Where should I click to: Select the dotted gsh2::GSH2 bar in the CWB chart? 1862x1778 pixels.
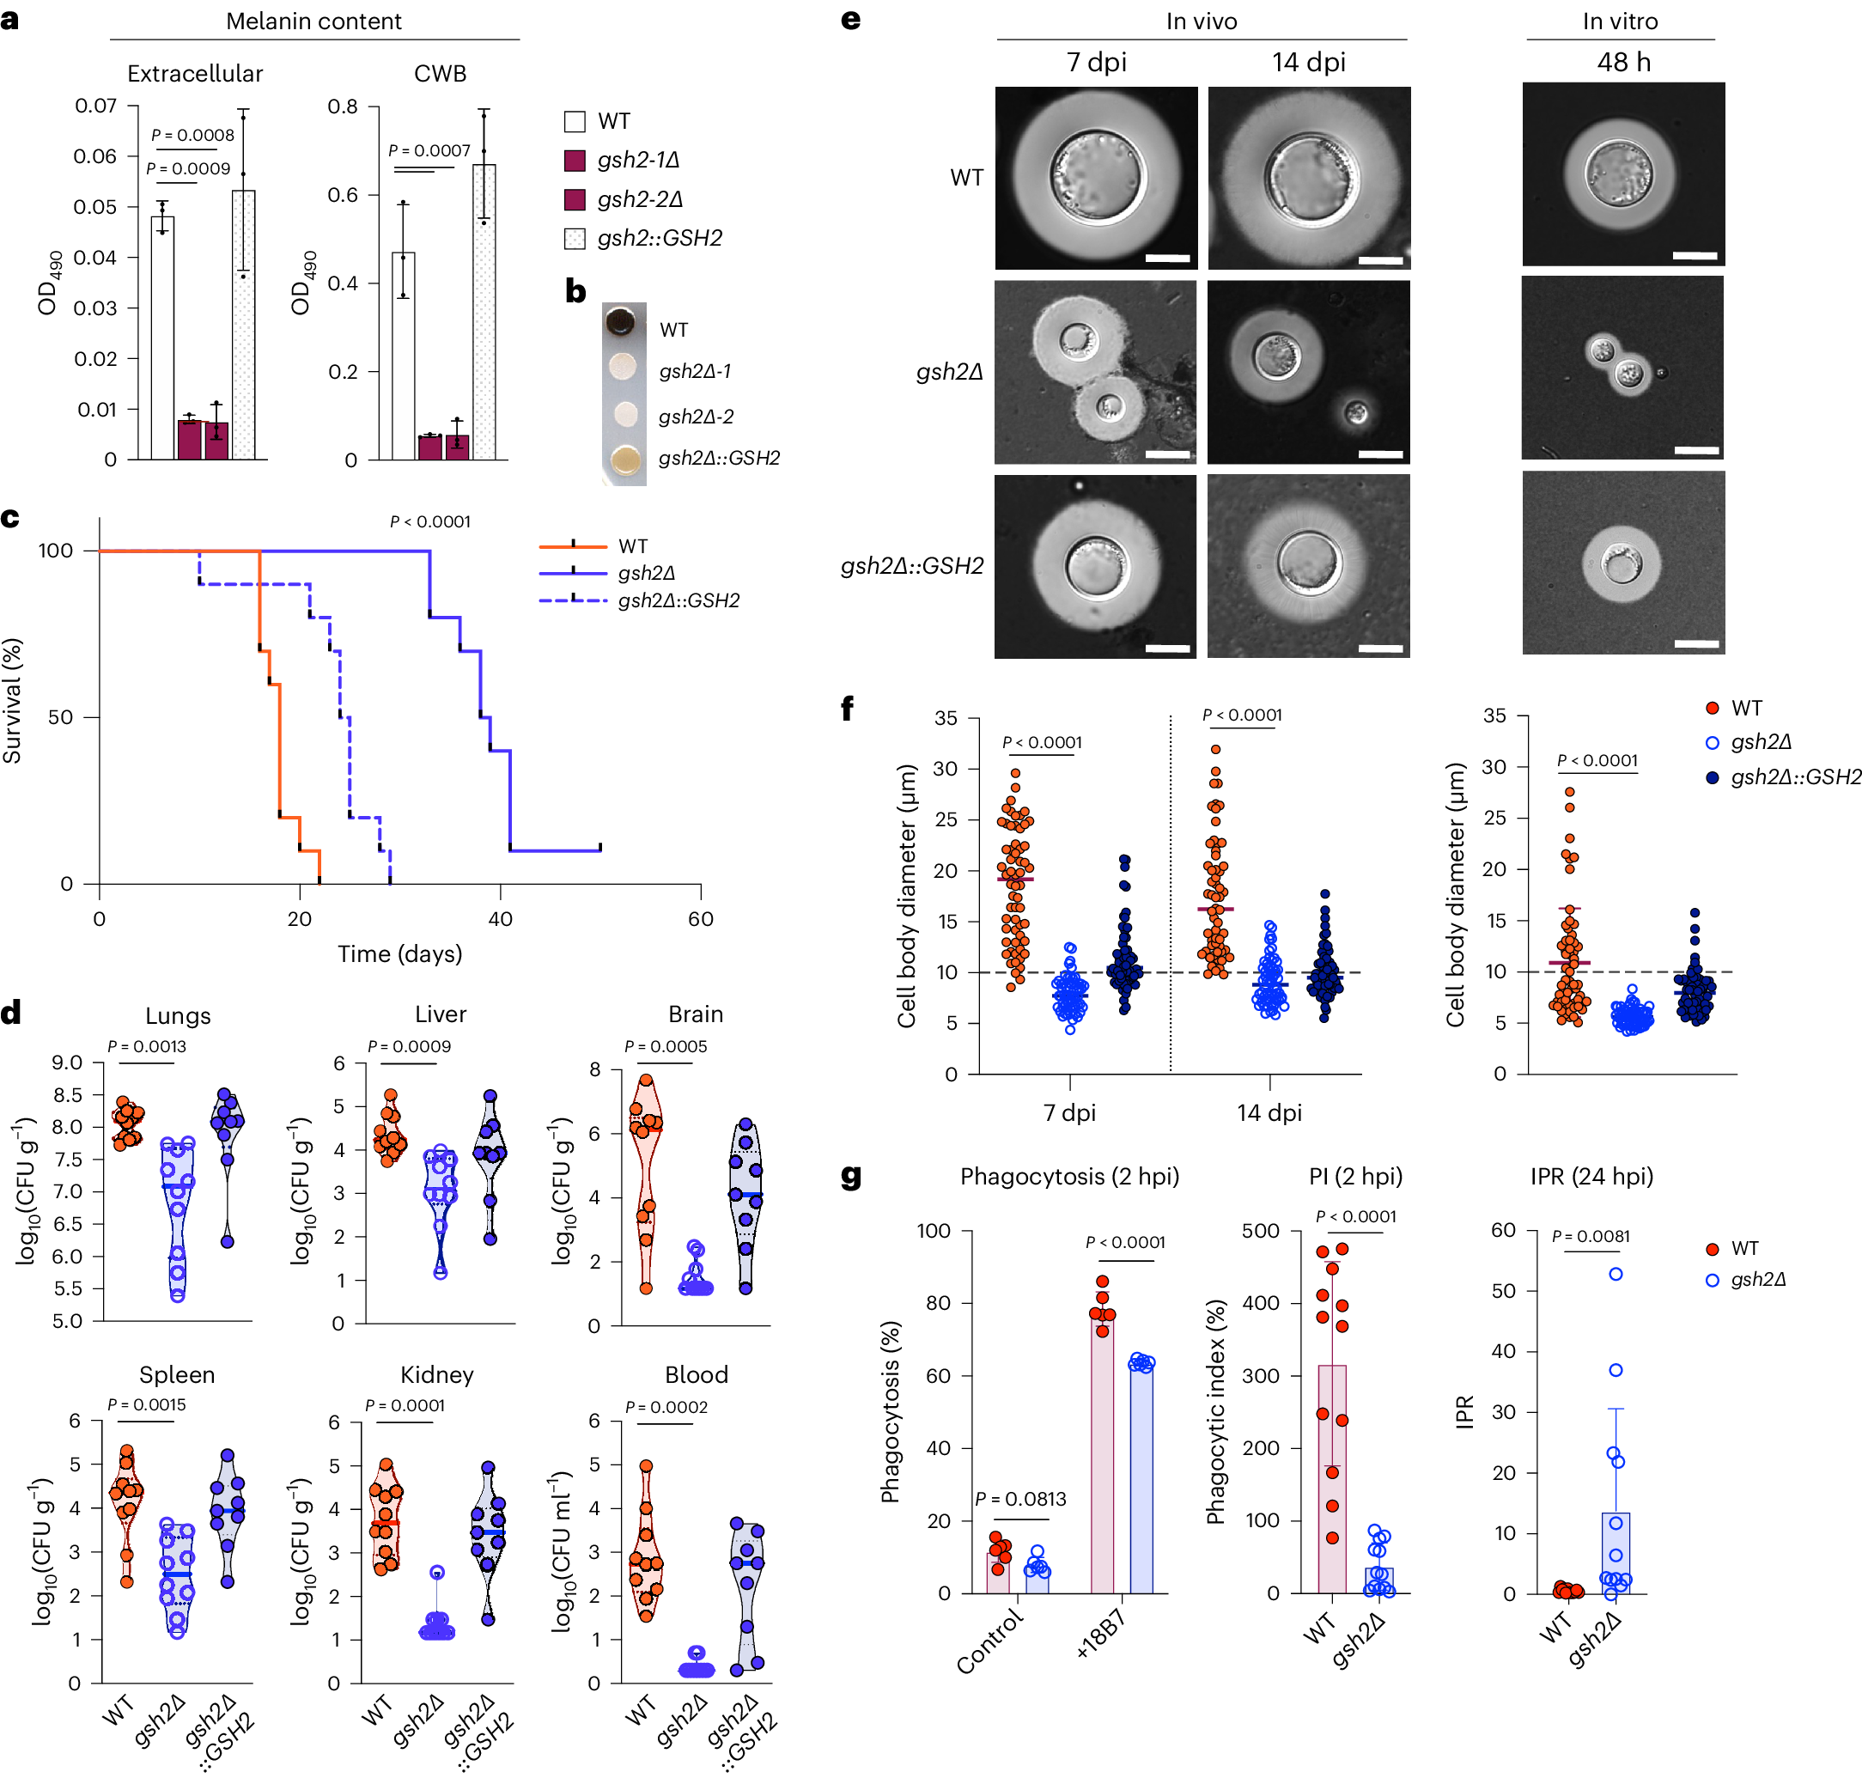[x=484, y=312]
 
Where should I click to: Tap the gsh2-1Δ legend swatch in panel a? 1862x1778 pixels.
[x=575, y=160]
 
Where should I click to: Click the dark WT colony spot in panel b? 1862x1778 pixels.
[x=621, y=321]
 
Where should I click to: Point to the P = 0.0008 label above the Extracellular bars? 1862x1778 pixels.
[x=192, y=136]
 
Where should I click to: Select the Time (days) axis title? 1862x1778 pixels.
[x=400, y=953]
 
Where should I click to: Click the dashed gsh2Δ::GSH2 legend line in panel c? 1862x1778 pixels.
[x=572, y=600]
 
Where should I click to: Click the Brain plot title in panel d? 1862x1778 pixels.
[x=695, y=1014]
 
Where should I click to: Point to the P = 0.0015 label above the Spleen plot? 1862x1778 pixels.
[x=147, y=1404]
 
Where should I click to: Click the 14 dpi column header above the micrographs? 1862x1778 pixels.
[x=1308, y=63]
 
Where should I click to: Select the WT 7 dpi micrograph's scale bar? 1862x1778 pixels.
[x=1166, y=258]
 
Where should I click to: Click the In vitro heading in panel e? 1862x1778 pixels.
[x=1620, y=21]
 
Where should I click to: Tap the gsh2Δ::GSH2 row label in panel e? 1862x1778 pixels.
[x=911, y=566]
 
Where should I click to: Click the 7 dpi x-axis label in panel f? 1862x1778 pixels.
[x=1069, y=1112]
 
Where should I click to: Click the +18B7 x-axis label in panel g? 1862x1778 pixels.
[x=1100, y=1634]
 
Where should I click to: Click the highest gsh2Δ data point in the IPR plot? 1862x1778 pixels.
[x=1615, y=1275]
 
